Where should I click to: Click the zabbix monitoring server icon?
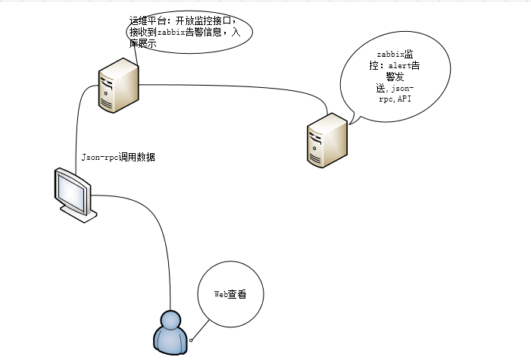326,140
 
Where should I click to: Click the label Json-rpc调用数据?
118,158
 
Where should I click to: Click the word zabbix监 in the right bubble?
395,55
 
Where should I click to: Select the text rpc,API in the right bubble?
395,99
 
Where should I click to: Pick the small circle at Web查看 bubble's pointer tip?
192,339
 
